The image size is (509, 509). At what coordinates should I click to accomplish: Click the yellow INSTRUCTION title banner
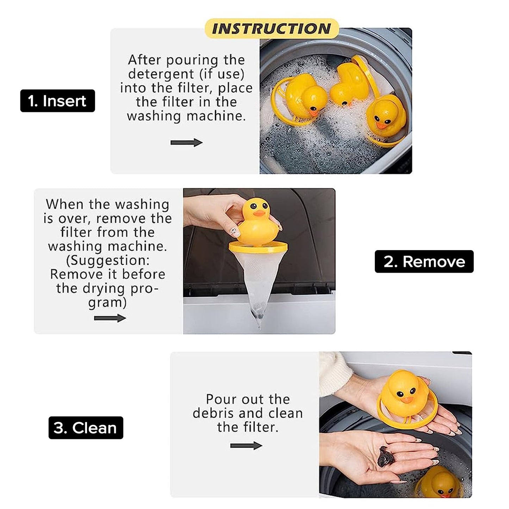(x=272, y=29)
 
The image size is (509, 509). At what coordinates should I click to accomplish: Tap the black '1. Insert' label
(x=57, y=101)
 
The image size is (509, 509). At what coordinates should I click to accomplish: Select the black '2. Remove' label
(x=424, y=261)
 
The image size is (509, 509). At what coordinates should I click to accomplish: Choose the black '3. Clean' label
(x=86, y=428)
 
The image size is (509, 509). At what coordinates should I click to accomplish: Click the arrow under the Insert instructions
(x=186, y=143)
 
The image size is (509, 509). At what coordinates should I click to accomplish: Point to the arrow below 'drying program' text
(x=110, y=318)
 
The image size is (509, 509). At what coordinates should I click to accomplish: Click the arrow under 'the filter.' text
(x=246, y=446)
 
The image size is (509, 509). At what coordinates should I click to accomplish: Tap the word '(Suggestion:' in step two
(x=108, y=260)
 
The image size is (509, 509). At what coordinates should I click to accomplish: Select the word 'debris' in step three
(x=213, y=413)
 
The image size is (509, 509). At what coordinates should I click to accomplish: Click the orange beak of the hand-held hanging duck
(x=259, y=213)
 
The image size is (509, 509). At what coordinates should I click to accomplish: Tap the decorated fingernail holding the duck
(x=234, y=232)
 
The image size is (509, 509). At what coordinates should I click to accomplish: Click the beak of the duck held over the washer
(x=407, y=400)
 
